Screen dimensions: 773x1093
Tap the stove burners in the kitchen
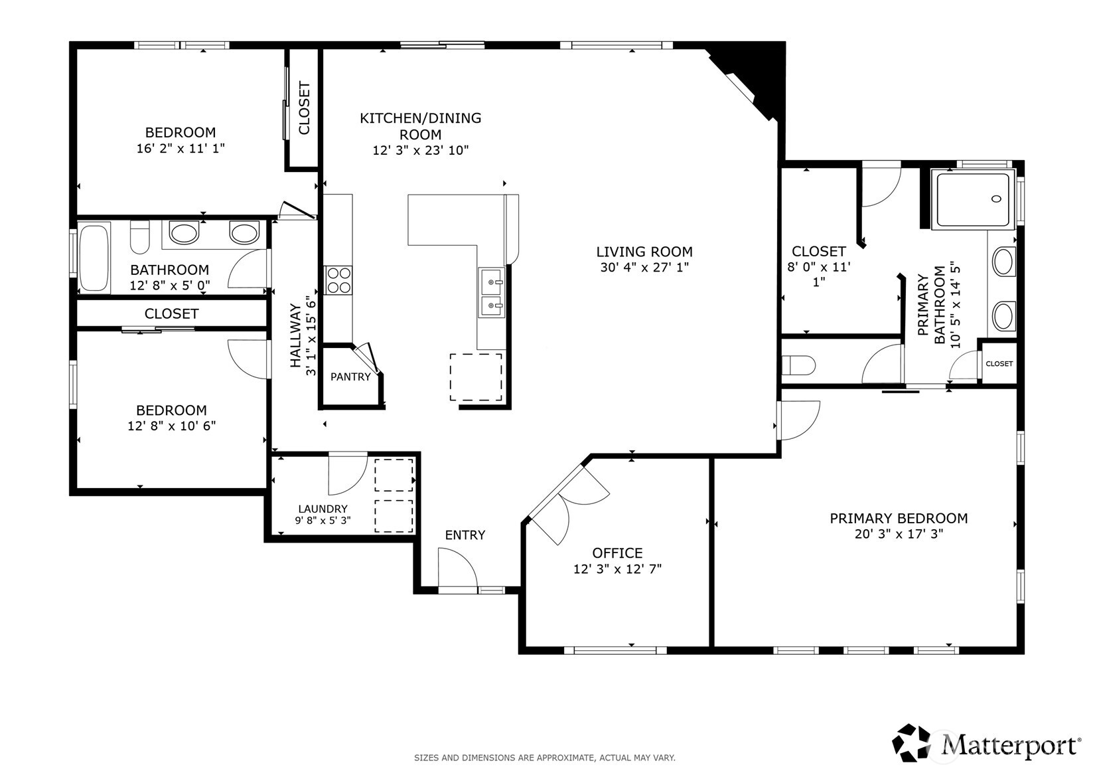point(338,280)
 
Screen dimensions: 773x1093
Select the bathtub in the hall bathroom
point(94,258)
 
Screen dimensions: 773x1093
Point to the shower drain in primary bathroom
point(996,199)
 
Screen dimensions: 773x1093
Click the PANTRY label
point(350,377)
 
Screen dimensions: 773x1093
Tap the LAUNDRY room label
point(323,509)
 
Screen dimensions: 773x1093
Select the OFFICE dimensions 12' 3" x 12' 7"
point(617,569)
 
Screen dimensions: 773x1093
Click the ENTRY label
point(465,535)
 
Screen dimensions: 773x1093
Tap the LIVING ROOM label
point(644,252)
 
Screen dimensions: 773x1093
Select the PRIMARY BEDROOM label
point(899,519)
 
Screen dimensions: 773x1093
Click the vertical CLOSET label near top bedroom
point(304,108)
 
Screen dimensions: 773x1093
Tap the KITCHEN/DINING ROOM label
point(420,126)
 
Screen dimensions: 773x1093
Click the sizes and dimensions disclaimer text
point(544,758)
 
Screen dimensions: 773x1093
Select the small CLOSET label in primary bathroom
point(999,364)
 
